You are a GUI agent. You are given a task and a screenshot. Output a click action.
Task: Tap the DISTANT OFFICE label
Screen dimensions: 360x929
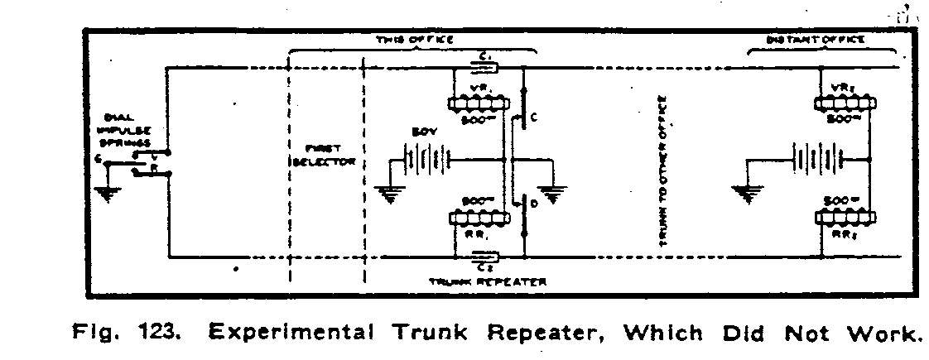pyautogui.click(x=816, y=39)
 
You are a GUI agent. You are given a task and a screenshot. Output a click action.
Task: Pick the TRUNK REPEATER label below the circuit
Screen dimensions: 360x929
pyautogui.click(x=488, y=281)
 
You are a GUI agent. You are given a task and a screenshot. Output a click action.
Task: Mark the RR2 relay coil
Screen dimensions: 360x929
pyautogui.click(x=844, y=218)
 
